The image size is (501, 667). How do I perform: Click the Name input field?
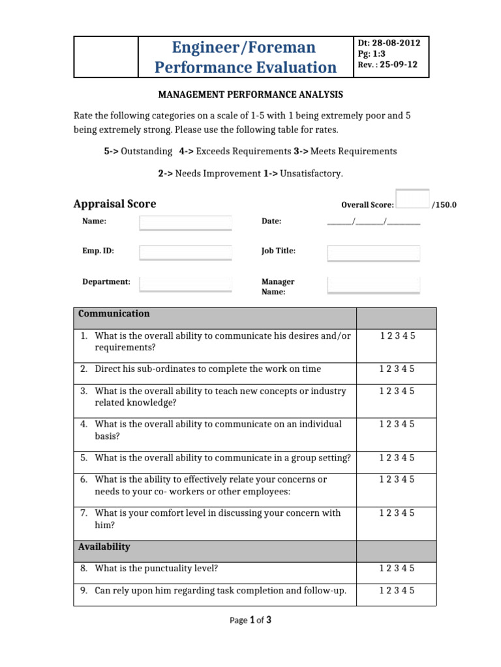(186, 223)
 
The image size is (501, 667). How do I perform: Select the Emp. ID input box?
(186, 252)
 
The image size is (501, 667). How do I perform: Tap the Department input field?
(186, 283)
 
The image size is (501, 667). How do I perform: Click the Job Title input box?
(373, 253)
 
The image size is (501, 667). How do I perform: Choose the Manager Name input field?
(373, 284)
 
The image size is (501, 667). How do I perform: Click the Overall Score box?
(412, 199)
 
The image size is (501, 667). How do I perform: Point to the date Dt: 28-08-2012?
(389, 43)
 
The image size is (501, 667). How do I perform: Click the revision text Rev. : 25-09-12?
(387, 64)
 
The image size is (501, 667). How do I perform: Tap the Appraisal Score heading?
(115, 204)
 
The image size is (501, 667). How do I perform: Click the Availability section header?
(104, 547)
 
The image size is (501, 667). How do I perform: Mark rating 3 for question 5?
(397, 458)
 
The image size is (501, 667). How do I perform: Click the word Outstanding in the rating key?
(147, 151)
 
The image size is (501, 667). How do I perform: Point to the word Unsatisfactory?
(311, 174)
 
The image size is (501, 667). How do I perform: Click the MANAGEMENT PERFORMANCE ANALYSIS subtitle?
(250, 95)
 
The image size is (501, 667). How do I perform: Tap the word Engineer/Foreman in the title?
(244, 47)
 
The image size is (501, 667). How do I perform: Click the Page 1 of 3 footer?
(250, 620)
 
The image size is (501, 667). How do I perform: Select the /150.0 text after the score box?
(444, 205)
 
